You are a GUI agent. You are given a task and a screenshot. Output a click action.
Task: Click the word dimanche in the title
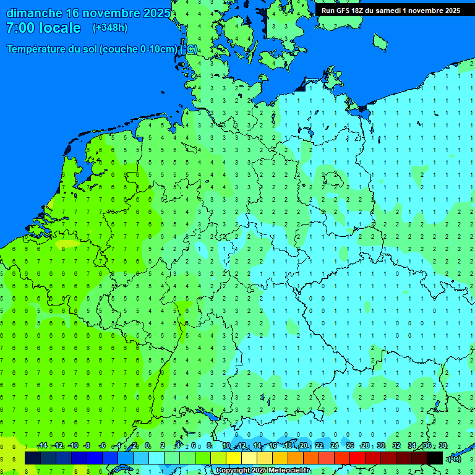34,13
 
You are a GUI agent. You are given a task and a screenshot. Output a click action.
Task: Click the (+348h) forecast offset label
110,28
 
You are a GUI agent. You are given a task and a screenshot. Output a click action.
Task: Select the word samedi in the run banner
388,11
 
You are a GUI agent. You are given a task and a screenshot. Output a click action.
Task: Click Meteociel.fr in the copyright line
285,471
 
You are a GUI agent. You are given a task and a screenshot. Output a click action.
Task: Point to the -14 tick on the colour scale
42,446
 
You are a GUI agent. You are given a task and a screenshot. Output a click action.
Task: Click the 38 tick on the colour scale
443,446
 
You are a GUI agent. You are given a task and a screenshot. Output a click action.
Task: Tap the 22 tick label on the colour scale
319,446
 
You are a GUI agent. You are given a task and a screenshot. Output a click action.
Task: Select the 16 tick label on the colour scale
273,446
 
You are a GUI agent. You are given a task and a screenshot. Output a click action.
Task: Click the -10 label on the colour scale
73,446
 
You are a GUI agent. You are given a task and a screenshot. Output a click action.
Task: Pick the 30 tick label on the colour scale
381,446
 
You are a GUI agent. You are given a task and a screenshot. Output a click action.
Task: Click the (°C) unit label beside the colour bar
455,458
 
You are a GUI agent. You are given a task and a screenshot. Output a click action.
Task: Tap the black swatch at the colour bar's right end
435,458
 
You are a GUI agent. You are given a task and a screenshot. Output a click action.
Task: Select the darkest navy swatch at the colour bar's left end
33,458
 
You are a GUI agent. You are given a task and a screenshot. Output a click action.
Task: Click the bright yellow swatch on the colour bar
234,458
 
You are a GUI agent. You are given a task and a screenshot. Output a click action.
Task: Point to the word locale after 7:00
59,28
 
